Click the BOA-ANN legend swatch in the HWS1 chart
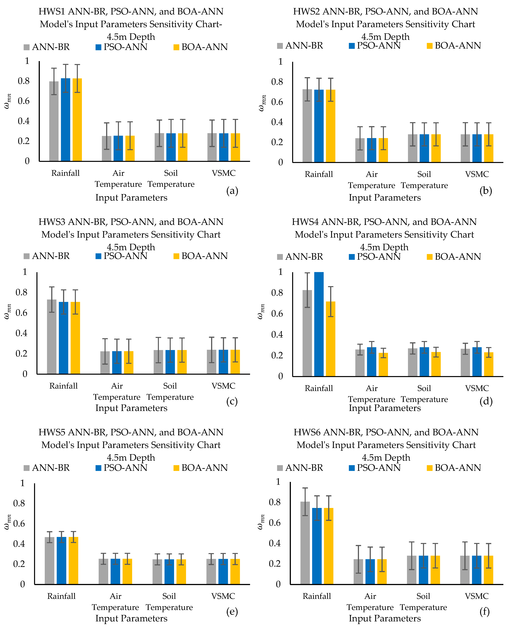(176, 47)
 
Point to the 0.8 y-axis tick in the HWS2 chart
(277, 82)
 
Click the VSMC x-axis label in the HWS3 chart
(223, 386)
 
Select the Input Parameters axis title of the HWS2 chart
(385, 198)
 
